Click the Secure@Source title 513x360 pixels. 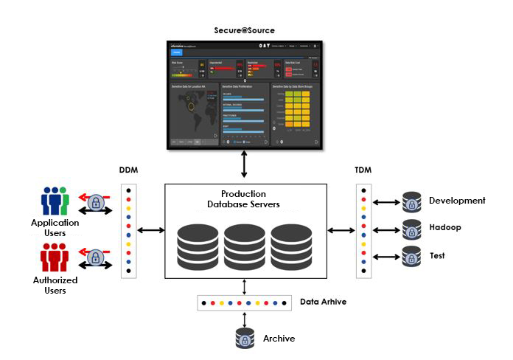pos(245,30)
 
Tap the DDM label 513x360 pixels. pos(129,171)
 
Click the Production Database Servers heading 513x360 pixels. pos(244,198)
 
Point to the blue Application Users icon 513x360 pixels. pos(55,201)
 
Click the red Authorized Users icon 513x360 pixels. pos(55,258)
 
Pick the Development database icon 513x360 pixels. pos(411,201)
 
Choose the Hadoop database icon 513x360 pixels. pos(411,229)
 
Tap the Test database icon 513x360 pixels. pos(411,257)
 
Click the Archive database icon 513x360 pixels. pos(245,339)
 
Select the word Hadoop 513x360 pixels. pos(444,227)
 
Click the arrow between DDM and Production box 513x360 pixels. pos(150,231)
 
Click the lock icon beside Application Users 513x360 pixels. pos(95,201)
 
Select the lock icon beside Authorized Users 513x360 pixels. pos(95,258)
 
